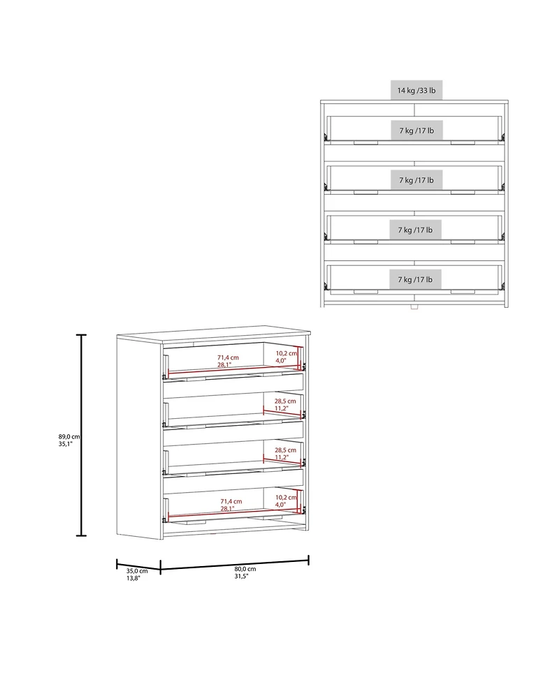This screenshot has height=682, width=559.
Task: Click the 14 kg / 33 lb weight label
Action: (x=416, y=90)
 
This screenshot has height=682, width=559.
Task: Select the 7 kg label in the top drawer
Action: (x=416, y=131)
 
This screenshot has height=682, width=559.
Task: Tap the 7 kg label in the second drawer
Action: (x=416, y=180)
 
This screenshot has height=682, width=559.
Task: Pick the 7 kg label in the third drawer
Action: (x=416, y=230)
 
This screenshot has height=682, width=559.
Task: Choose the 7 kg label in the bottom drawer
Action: (x=416, y=279)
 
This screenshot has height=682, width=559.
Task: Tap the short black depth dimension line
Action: (x=138, y=564)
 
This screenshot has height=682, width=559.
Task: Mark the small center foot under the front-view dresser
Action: (x=414, y=306)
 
